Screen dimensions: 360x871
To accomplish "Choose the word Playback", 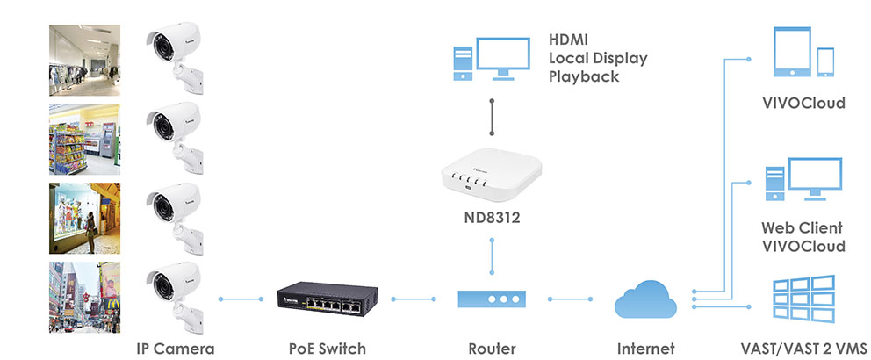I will (584, 76).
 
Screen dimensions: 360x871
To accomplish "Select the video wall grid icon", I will (803, 299).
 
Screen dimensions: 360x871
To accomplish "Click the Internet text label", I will (645, 349).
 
